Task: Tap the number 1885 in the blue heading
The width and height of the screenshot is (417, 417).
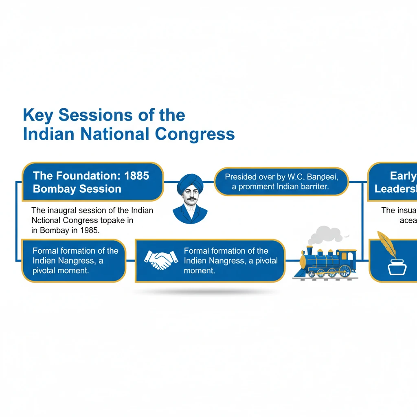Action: [x=137, y=176]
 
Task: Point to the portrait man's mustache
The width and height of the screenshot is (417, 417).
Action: [x=190, y=199]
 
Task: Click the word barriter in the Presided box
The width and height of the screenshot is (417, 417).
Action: [x=314, y=187]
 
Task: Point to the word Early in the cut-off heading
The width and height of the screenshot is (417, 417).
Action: [x=403, y=176]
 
